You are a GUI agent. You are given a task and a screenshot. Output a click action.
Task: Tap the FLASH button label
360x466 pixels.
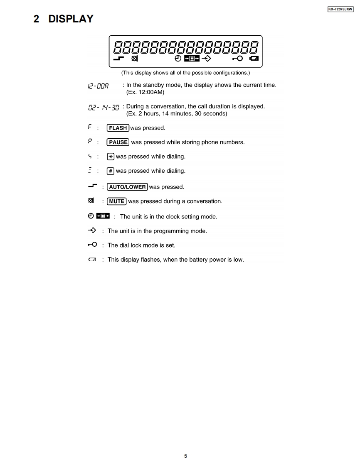[x=118, y=128]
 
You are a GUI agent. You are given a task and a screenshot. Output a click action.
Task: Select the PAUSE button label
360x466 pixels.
[x=118, y=142]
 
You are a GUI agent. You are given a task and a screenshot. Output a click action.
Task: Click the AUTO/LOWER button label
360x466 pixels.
[x=127, y=187]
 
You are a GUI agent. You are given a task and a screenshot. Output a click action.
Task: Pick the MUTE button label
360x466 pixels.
[x=116, y=201]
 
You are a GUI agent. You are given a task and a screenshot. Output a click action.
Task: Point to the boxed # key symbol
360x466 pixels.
[x=111, y=171]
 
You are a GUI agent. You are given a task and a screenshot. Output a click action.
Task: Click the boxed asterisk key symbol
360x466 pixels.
[x=111, y=157]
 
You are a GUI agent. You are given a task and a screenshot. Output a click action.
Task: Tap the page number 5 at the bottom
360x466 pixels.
[x=185, y=456]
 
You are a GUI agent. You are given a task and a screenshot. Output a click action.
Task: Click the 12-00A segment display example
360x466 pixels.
[x=98, y=86]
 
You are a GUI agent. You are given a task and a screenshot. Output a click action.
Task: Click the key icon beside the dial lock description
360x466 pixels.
[x=92, y=245]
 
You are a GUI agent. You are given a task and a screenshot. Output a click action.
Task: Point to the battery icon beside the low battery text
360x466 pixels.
[x=92, y=260]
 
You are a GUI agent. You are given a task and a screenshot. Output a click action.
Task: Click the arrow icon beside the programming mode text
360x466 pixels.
[x=92, y=230]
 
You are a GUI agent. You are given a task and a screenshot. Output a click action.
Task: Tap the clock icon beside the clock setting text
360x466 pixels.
[x=91, y=216]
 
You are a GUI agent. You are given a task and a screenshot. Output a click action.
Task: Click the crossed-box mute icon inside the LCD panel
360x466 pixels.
[x=134, y=59]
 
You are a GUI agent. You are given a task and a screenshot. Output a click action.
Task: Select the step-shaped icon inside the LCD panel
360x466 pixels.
[x=119, y=59]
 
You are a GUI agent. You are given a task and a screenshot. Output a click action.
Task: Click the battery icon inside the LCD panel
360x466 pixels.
[x=254, y=59]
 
